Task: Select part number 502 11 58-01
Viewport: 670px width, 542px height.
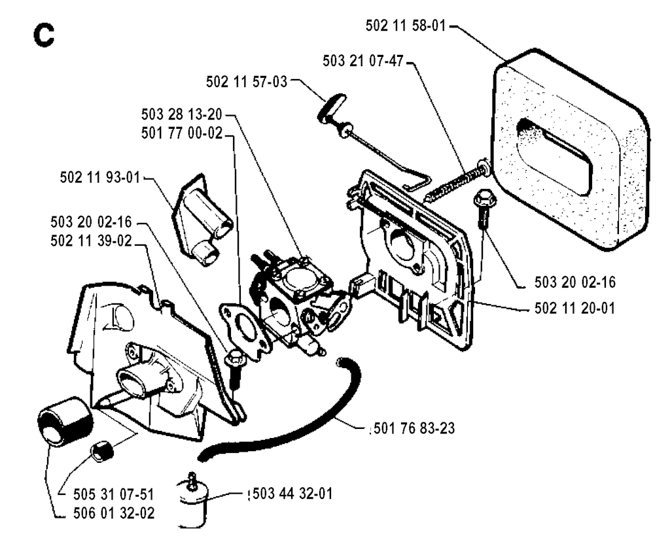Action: click(406, 25)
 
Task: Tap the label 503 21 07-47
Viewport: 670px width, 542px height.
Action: click(363, 61)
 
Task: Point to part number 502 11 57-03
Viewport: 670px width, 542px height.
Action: click(247, 82)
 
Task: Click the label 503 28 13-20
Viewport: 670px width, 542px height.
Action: click(182, 114)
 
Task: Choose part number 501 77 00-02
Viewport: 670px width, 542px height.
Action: click(182, 133)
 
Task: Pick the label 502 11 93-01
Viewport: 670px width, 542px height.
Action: click(100, 177)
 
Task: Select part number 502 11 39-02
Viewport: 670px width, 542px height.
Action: click(91, 241)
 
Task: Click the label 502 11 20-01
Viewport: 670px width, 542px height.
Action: click(574, 308)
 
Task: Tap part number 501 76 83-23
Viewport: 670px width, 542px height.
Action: click(414, 428)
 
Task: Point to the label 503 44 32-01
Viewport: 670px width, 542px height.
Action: click(292, 494)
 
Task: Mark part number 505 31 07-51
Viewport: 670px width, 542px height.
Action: click(114, 494)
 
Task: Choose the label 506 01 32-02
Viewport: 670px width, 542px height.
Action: click(114, 513)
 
